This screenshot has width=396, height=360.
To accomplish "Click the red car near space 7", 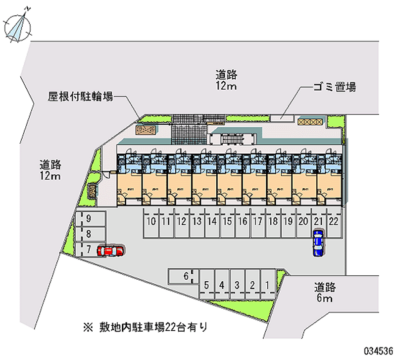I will (x=110, y=251).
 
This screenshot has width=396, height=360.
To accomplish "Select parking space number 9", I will (x=89, y=218).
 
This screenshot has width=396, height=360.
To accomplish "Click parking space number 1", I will (x=267, y=285).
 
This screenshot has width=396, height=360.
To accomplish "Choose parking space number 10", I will (x=151, y=221).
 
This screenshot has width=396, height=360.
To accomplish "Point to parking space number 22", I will (x=334, y=221).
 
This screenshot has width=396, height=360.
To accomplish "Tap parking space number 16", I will (x=243, y=221).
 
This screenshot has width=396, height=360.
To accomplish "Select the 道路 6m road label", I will (x=325, y=292).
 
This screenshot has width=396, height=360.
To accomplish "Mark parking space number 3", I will (x=237, y=285).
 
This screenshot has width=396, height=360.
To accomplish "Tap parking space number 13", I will (x=197, y=221).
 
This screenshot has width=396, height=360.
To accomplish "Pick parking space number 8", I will (x=89, y=234).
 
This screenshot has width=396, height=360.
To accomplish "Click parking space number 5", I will (x=207, y=285).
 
